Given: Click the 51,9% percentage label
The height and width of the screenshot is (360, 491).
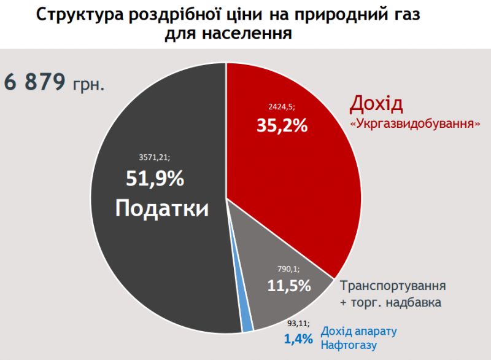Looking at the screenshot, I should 155,179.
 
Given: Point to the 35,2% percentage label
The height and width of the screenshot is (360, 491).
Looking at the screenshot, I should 282,125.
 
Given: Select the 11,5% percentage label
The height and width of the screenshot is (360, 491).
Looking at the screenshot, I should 289,286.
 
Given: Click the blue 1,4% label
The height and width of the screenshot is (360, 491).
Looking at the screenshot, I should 298,338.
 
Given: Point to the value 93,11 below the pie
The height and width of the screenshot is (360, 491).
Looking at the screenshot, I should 298,322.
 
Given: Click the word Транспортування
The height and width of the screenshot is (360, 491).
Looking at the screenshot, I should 392,286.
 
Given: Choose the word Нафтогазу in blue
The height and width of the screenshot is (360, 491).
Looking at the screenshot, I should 349,344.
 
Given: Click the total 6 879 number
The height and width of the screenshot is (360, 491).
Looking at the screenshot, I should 36,82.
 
